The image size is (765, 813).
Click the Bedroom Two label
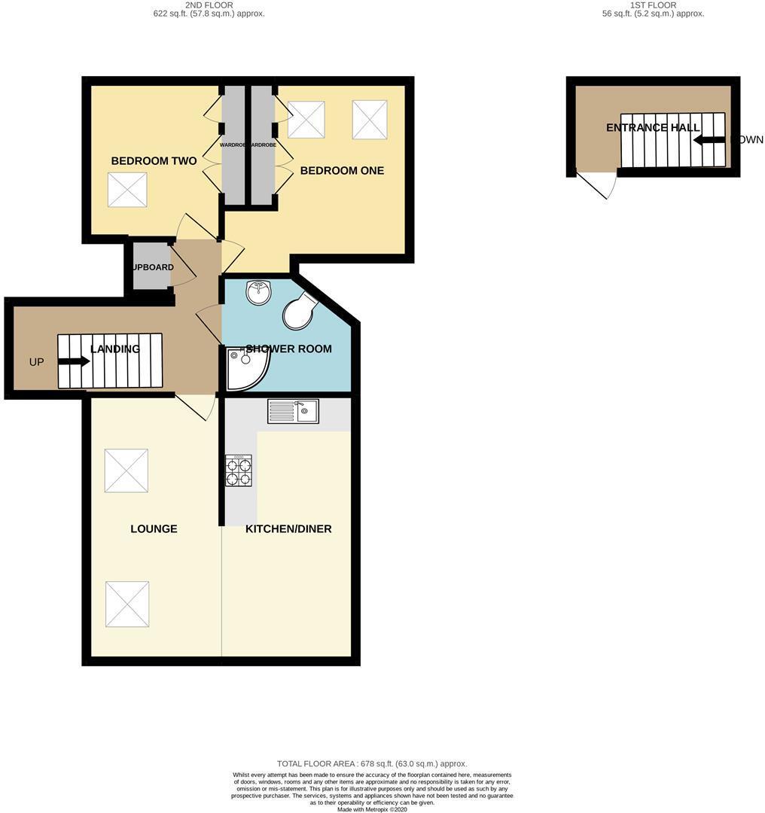point(154,161)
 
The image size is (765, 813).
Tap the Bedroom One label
point(342,171)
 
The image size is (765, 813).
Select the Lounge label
point(154,529)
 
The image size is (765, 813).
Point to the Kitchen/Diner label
point(288,529)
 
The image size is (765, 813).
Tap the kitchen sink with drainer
point(293,411)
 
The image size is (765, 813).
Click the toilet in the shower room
point(299,311)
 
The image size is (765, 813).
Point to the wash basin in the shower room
point(258,292)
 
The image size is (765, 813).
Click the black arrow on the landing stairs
point(73,362)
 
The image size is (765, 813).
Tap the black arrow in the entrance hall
point(709,140)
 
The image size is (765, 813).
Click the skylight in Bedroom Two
point(127,190)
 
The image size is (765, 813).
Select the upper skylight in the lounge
point(126,471)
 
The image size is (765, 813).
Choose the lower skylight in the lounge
point(127,604)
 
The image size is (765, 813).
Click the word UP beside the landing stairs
point(36,362)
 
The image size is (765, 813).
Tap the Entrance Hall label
point(653,128)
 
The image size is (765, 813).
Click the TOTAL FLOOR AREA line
point(372,763)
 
